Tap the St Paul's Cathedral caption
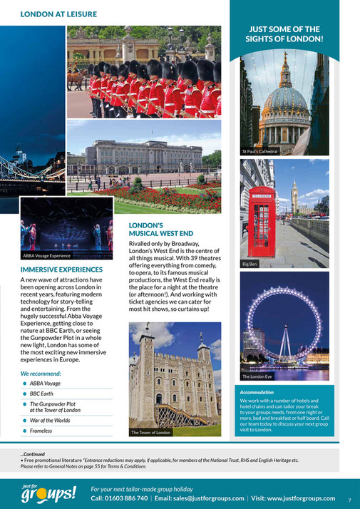(x=259, y=152)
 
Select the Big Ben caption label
(x=250, y=264)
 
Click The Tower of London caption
(x=150, y=432)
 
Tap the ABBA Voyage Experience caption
(x=47, y=254)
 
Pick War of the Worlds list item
(x=51, y=421)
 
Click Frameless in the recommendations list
(x=41, y=431)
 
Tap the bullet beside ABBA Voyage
(x=24, y=383)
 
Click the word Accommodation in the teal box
(x=257, y=392)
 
